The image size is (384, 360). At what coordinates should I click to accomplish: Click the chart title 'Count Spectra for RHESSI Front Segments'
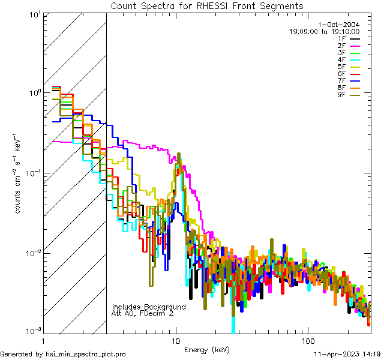click(207, 6)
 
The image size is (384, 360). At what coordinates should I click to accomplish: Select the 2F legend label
click(341, 46)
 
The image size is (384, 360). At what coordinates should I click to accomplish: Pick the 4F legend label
click(341, 59)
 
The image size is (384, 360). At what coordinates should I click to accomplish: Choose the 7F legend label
click(341, 80)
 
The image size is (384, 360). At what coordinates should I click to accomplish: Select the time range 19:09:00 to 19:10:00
click(324, 31)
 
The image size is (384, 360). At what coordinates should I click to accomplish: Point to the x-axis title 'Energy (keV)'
click(207, 349)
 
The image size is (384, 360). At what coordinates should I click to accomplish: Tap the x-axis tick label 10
click(175, 340)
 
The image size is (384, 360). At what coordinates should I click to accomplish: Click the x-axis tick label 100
click(307, 340)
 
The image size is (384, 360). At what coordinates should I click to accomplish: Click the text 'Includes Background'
click(148, 307)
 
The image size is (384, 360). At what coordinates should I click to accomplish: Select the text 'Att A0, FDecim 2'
click(143, 313)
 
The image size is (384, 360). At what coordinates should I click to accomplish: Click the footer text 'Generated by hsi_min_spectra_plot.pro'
click(63, 355)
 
